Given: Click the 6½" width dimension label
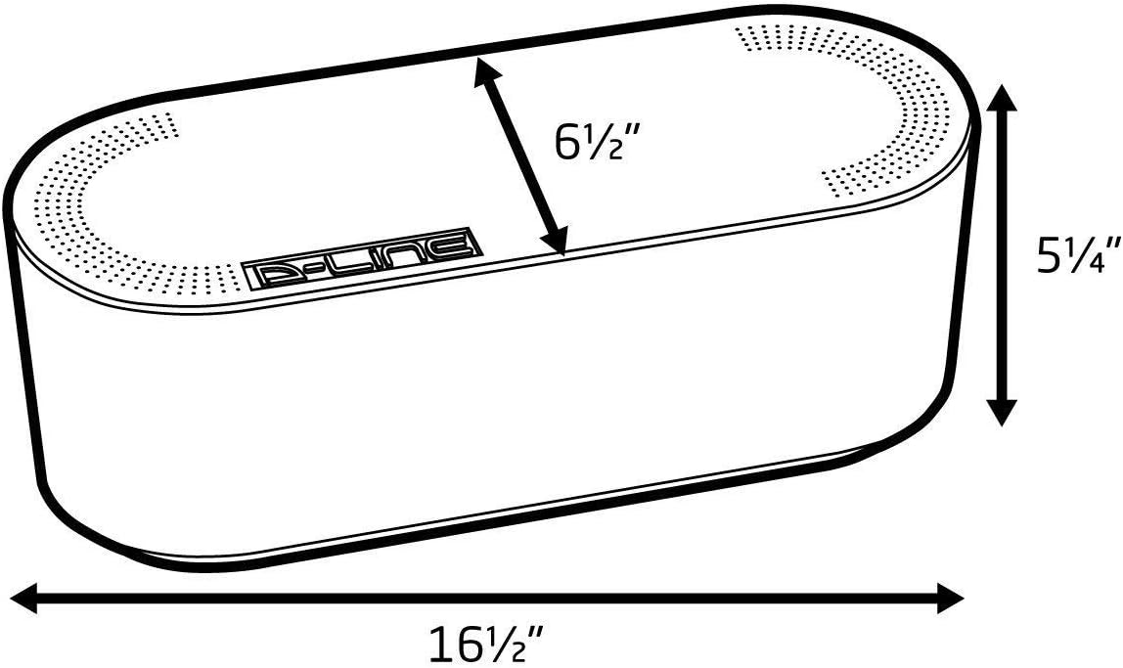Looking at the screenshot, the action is (595, 142).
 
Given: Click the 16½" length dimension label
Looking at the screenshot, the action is (486, 643).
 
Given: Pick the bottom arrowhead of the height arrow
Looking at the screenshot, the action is (1002, 411).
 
